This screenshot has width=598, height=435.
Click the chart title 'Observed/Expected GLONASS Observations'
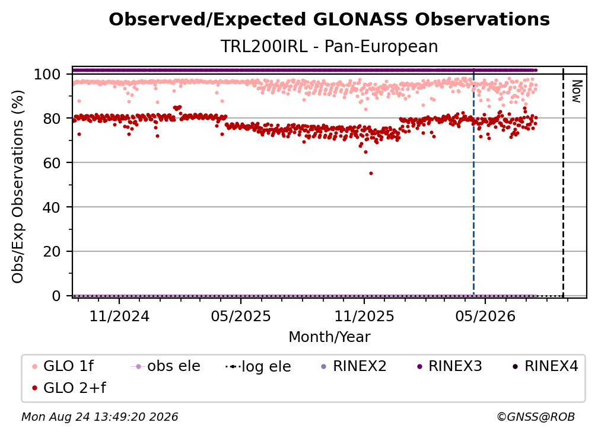click(329, 20)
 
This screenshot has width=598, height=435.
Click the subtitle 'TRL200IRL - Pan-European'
click(329, 46)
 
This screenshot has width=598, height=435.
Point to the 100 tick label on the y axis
click(47, 74)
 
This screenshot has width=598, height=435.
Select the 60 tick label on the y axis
click(52, 162)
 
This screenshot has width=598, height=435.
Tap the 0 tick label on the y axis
click(56, 296)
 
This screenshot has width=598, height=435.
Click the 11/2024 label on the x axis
click(119, 316)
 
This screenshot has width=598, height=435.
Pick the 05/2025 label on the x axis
click(241, 316)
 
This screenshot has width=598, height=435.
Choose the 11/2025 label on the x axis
click(364, 316)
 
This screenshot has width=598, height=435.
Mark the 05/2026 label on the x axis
click(485, 316)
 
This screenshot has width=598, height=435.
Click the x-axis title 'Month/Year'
click(329, 337)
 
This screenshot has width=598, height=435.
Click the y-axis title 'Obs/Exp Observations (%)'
click(18, 186)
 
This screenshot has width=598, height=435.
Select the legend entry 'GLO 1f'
click(63, 366)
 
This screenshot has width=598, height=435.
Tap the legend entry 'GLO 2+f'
click(69, 388)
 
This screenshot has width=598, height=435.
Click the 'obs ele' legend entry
click(166, 366)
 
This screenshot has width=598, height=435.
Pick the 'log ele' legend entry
click(258, 366)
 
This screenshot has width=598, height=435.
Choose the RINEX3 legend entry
click(450, 366)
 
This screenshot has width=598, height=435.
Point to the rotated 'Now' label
click(577, 91)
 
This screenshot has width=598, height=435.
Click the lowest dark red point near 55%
click(371, 173)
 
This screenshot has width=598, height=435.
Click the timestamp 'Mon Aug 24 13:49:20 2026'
click(100, 417)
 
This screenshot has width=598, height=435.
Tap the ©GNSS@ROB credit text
click(536, 417)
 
